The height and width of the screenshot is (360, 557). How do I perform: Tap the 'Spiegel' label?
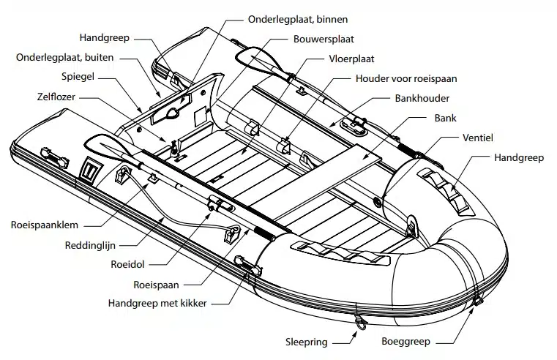[78, 75]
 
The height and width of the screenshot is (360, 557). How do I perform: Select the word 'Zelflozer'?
[58, 95]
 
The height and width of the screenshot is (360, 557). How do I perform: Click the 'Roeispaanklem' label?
[44, 225]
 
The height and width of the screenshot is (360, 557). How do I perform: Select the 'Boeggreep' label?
[405, 341]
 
